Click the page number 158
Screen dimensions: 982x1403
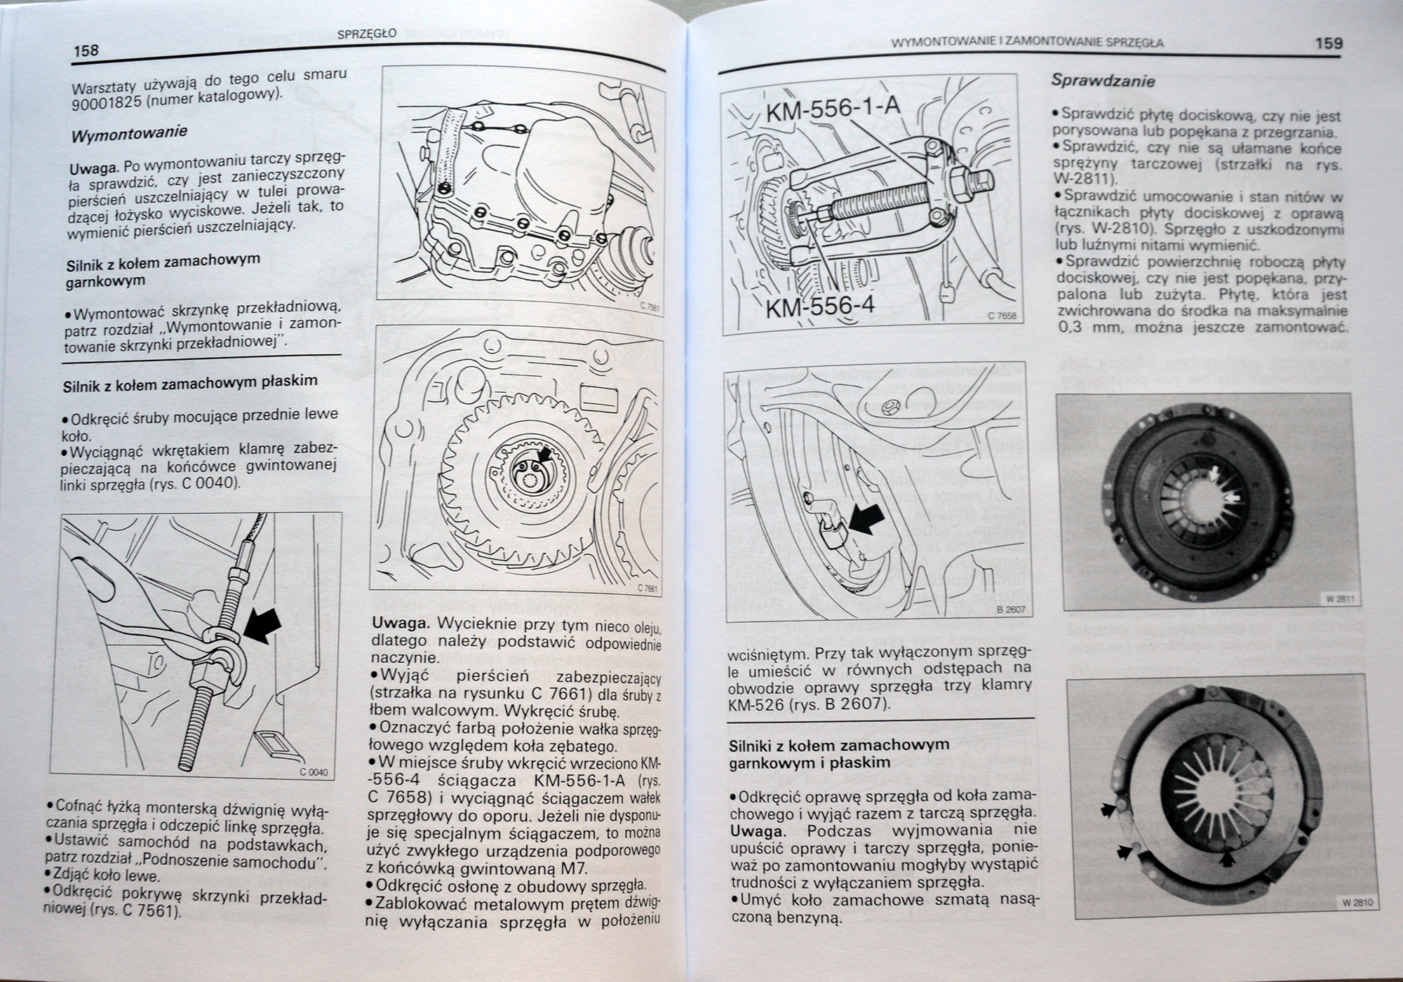[x=86, y=51]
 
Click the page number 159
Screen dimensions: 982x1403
[x=1329, y=43]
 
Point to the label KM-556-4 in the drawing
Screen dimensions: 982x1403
[x=820, y=307]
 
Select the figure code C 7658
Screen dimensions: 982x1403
[x=1002, y=316]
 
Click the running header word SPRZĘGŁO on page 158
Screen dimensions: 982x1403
[x=367, y=33]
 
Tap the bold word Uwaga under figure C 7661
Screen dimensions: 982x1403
[x=401, y=624]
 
